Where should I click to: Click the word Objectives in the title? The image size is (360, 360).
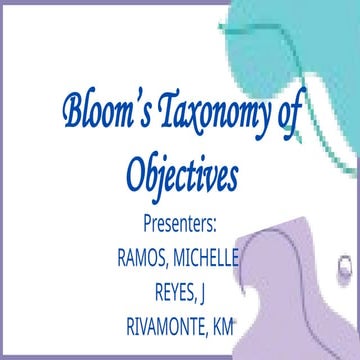click(x=183, y=175)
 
